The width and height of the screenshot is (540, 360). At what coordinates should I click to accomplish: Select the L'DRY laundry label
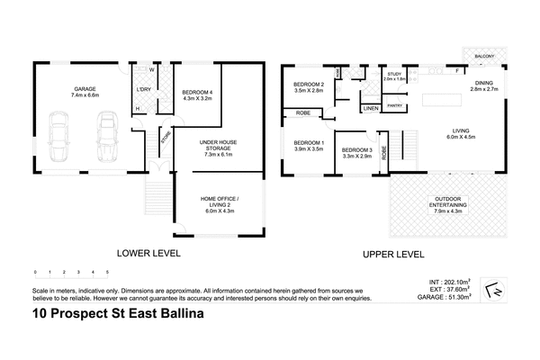click(143, 89)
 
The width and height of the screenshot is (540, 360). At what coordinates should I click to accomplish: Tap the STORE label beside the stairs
click(166, 137)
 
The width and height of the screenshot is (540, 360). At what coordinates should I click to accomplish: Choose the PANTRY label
click(394, 105)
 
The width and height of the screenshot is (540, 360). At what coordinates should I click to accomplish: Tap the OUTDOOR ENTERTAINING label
click(447, 202)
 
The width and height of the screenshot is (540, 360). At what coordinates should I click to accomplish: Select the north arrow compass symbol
click(490, 290)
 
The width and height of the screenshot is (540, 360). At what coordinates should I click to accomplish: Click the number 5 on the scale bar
click(108, 271)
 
